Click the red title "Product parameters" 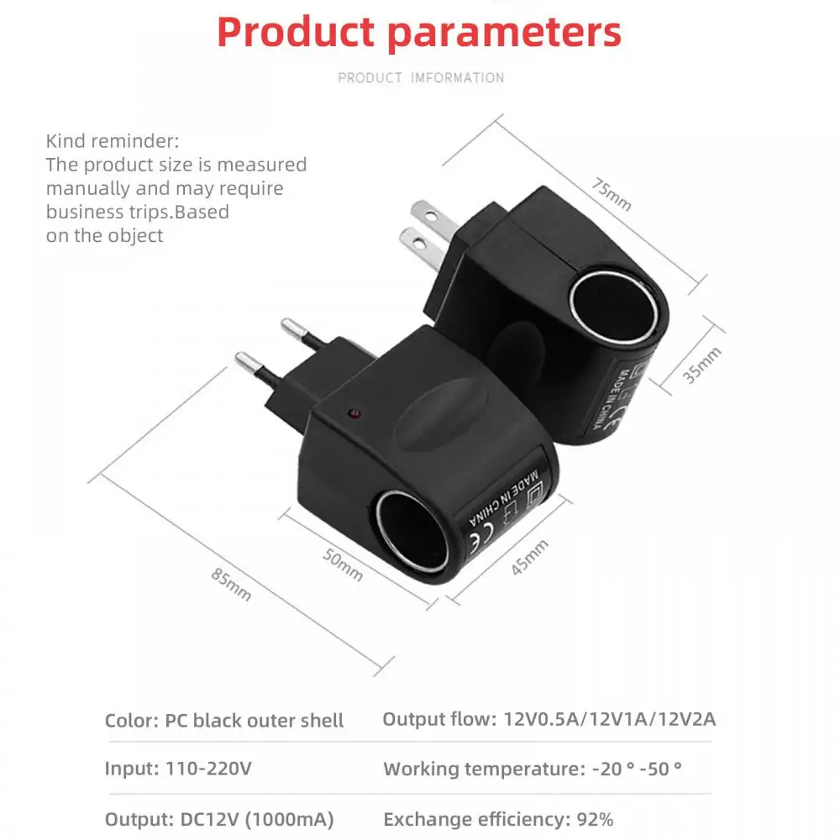419,32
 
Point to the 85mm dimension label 231,584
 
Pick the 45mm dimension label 530,557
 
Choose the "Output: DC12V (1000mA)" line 219,819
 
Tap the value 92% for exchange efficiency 595,819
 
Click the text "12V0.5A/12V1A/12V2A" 609,719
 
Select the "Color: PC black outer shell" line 224,720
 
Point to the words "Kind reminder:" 113,140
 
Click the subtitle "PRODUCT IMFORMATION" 421,78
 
